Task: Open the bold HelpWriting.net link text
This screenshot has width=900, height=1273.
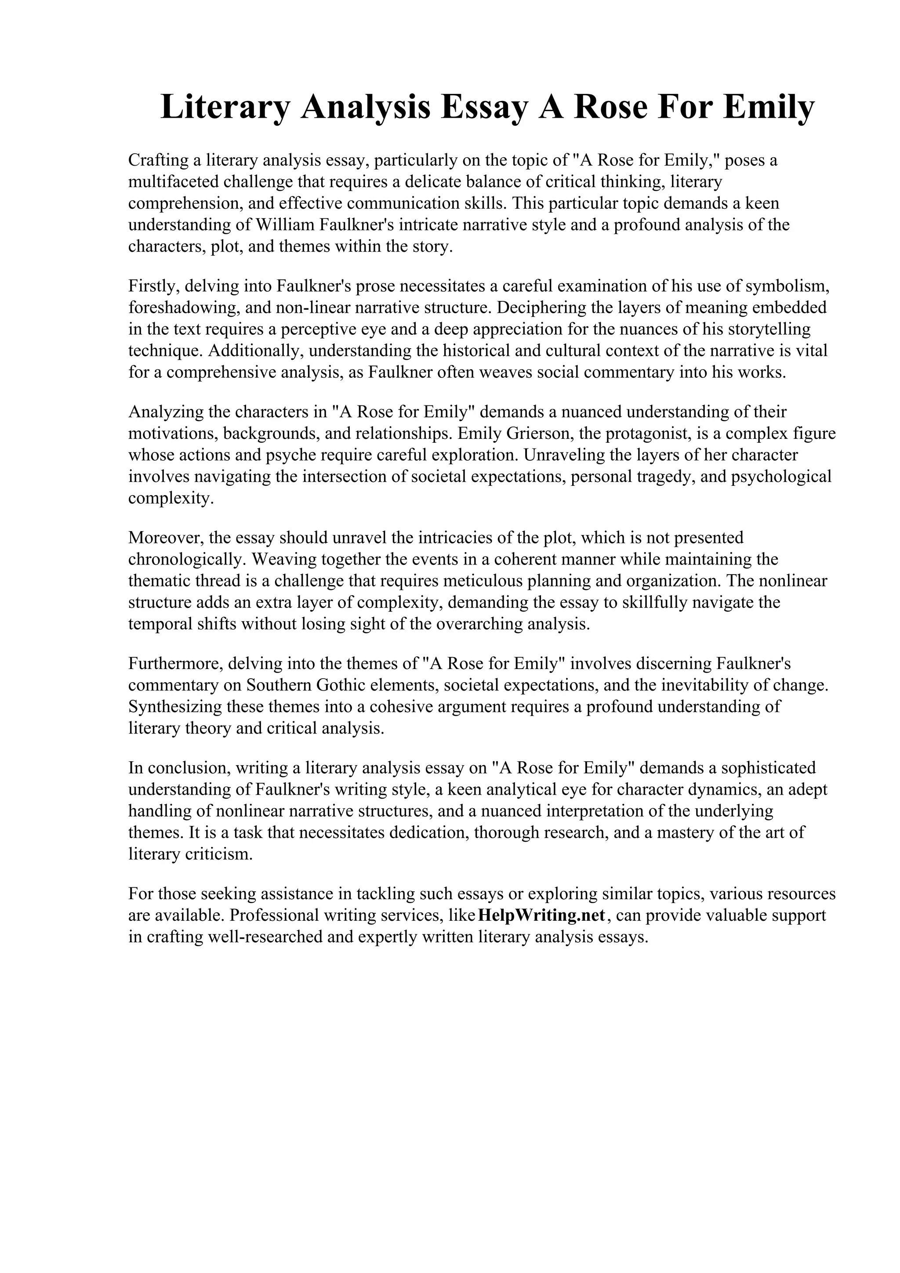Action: point(541,915)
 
